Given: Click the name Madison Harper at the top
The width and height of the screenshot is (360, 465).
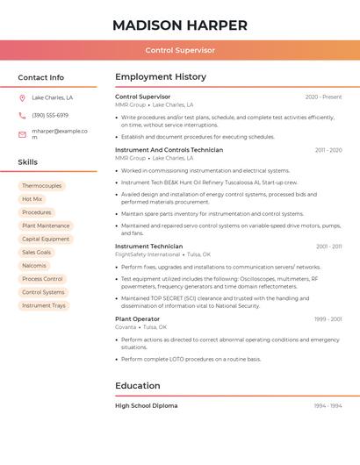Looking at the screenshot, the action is tap(180, 25).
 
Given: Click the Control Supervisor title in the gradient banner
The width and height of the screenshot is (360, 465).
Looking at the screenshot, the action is tap(180, 50).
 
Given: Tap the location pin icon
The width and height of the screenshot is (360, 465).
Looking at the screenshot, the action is tap(22, 97).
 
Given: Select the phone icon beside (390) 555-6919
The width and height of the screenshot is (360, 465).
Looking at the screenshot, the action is tap(22, 115).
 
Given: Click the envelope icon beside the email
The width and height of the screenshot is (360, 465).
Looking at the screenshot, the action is tap(22, 134).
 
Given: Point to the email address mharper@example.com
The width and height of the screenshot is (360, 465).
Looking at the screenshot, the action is tap(60, 133).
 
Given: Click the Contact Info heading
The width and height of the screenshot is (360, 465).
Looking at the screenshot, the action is tap(41, 77).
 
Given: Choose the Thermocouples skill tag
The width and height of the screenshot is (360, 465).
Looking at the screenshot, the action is tap(42, 186).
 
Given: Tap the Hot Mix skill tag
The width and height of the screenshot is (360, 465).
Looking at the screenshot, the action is tap(32, 199).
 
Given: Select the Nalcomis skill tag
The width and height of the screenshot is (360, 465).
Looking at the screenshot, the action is tap(34, 265).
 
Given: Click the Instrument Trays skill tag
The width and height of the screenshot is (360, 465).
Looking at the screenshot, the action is tap(44, 305).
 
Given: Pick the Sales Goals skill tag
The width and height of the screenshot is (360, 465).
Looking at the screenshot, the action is tap(37, 252).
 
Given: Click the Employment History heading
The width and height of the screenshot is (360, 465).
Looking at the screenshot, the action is tap(161, 77).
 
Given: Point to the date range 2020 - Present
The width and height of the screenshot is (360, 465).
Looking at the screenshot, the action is tap(323, 97).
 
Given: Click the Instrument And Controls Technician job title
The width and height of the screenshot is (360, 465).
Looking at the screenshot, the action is tap(169, 150).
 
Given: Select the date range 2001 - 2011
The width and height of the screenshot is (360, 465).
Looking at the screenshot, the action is tap(328, 247).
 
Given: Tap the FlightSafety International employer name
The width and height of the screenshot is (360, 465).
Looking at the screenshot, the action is tap(147, 254).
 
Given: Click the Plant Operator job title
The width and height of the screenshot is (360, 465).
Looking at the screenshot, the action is tap(138, 319).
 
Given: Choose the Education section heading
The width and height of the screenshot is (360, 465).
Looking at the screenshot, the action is tap(138, 385).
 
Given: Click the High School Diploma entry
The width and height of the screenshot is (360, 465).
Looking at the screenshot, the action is tap(147, 406).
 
